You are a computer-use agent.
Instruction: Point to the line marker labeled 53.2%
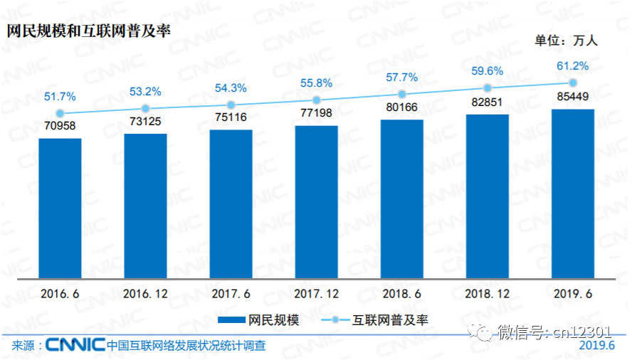[145, 109]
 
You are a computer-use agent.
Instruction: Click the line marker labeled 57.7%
[401, 94]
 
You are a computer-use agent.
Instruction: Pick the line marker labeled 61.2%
[572, 83]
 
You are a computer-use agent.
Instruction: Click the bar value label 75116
[231, 119]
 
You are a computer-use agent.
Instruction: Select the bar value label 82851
[487, 102]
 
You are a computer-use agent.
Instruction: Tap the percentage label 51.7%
[60, 96]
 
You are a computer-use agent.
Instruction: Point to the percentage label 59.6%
[487, 70]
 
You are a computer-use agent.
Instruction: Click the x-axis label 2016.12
[145, 293]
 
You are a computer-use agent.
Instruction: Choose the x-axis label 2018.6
[401, 293]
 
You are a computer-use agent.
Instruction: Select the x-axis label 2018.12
[487, 293]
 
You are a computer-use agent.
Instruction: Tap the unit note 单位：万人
[567, 41]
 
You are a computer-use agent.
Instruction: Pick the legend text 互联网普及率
[391, 320]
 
